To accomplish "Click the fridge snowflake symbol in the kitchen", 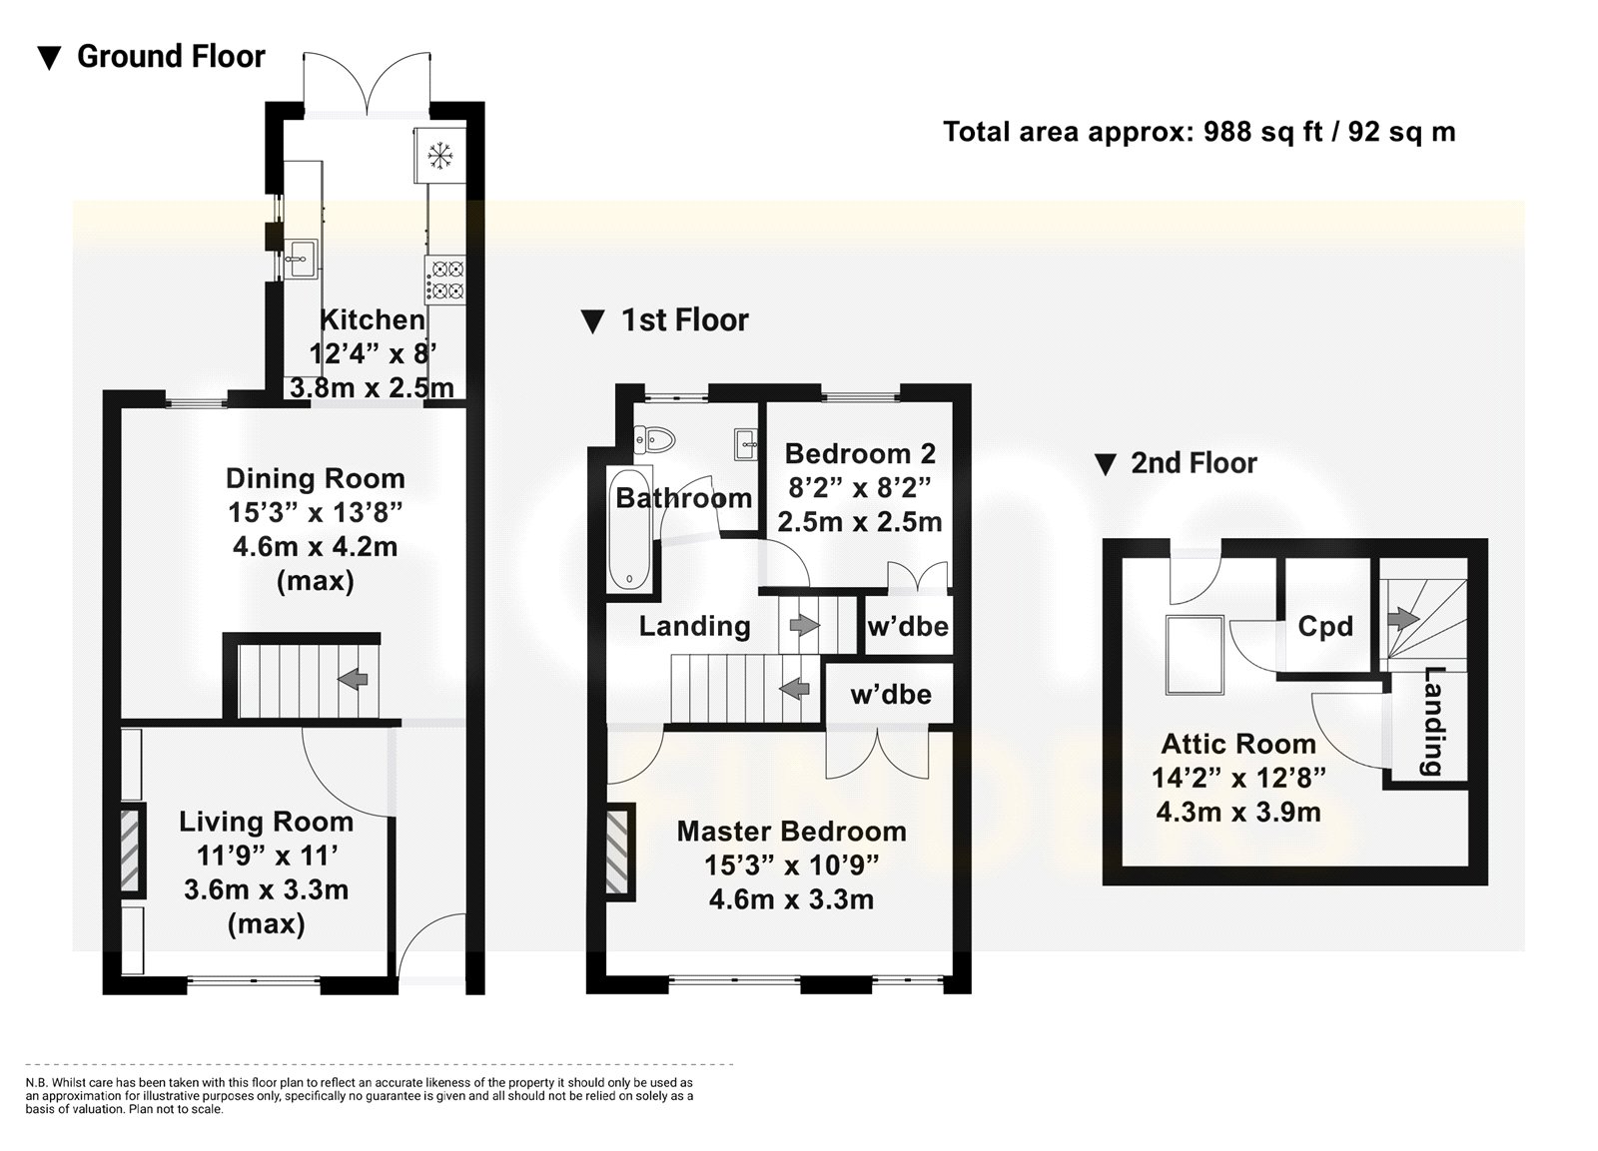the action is [439, 156].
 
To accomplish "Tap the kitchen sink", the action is [300, 259].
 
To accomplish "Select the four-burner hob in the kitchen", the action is [445, 281].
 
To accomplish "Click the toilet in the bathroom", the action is [654, 440].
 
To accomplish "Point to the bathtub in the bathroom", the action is [630, 528].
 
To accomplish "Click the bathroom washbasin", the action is [745, 444].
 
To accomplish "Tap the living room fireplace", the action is [131, 851].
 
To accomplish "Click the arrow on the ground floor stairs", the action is [353, 679].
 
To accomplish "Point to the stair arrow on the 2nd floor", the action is [1403, 618].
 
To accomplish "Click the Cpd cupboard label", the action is [1325, 626].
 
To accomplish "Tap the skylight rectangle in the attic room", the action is [1195, 655].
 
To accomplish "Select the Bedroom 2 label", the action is [860, 453].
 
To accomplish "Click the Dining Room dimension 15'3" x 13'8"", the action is [315, 512].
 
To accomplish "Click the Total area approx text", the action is [1068, 132].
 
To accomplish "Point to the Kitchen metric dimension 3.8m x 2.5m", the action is [372, 388].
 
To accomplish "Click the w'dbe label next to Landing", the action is [908, 626].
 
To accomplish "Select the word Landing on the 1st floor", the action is [694, 626].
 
